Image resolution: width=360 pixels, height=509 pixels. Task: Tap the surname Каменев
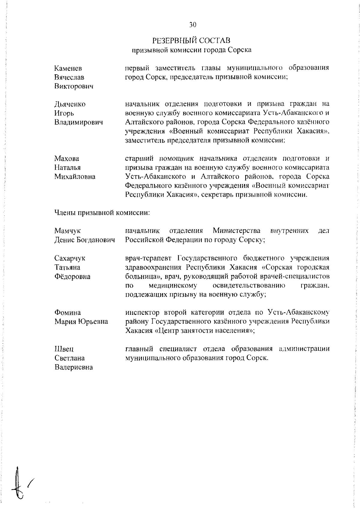[68, 68]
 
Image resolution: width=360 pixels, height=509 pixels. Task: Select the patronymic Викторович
[73, 86]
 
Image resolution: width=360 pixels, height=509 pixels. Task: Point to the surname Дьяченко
[70, 104]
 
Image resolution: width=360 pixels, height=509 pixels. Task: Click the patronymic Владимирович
[79, 122]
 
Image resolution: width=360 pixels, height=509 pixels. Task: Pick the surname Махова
[67, 158]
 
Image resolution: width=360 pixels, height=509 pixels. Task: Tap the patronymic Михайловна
[75, 177]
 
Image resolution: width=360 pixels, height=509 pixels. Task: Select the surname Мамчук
[67, 231]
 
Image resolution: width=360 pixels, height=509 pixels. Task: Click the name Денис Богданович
[85, 240]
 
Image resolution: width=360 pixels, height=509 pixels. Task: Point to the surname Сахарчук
[70, 258]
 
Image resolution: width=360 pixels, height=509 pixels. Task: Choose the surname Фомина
[67, 313]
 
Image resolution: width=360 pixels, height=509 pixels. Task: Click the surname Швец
[64, 349]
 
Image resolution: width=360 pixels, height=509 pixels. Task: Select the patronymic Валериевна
[73, 367]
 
